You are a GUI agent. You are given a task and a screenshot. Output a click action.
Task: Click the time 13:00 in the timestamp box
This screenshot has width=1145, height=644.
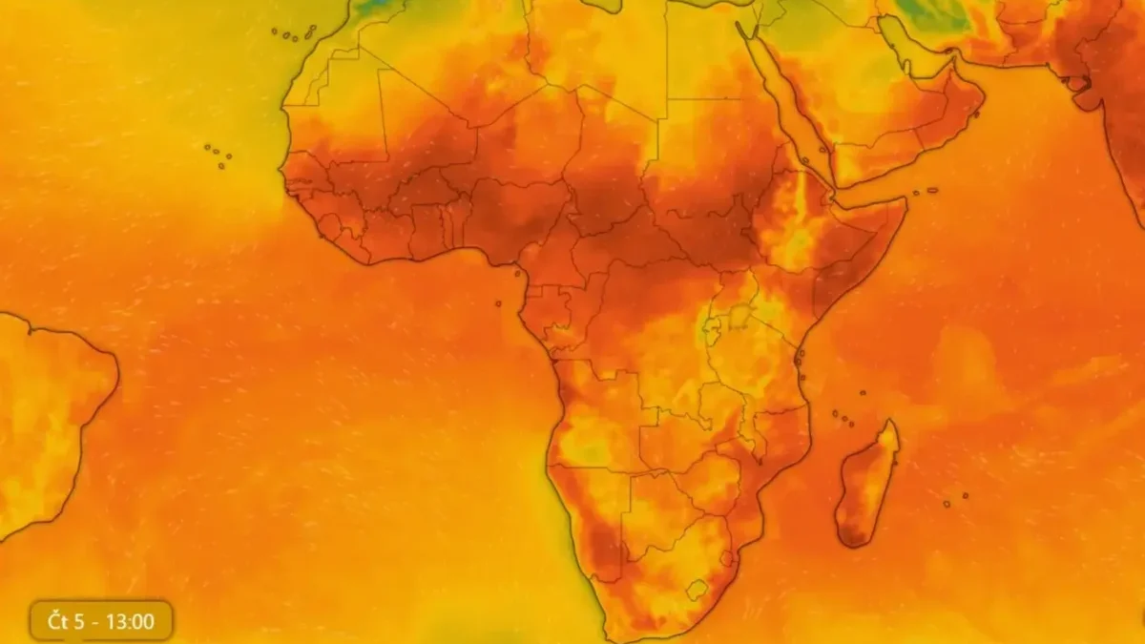pos(131,622)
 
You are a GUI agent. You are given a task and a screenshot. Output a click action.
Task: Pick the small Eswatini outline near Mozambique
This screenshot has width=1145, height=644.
pos(727,558)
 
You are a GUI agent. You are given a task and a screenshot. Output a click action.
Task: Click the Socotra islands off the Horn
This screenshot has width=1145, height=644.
pos(924,191)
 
